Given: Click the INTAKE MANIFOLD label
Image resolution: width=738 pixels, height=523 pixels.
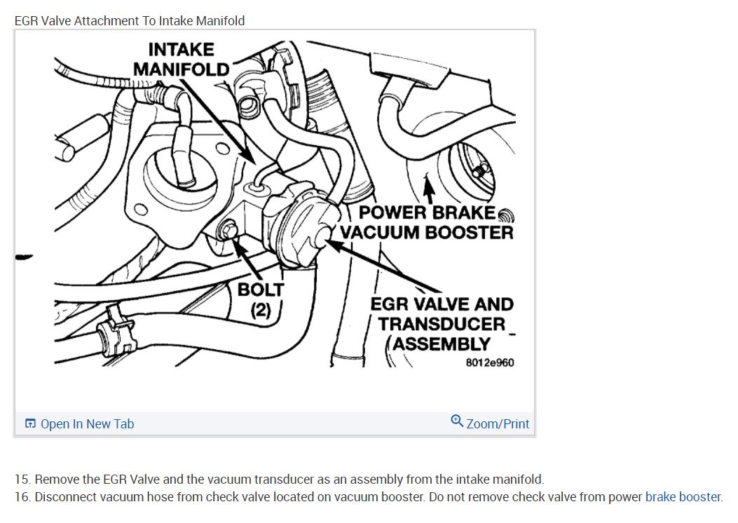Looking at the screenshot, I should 181,59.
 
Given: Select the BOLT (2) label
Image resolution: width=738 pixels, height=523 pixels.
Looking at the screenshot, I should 261,299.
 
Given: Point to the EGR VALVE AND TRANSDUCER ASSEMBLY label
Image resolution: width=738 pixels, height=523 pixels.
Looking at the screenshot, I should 442,324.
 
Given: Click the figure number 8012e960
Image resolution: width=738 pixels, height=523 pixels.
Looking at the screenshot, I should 489,363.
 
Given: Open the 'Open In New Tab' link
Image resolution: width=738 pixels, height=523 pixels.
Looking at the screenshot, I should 87,424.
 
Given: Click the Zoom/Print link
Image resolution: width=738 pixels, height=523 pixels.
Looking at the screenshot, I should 498,424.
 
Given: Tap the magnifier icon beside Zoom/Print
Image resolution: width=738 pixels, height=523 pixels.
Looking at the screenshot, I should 457,421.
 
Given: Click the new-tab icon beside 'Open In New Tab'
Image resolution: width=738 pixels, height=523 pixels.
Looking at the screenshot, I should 30,424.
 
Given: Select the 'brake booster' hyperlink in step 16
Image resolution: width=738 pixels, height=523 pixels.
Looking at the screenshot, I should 683,497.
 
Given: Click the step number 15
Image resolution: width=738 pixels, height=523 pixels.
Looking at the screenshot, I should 22,480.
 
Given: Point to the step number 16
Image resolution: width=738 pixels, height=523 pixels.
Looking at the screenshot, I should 22,497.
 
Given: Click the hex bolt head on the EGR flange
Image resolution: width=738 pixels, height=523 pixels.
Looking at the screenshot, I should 227,229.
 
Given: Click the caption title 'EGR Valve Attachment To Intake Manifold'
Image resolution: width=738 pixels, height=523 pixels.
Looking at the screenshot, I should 130,21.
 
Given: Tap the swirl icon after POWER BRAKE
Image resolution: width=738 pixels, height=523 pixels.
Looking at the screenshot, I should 507,213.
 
